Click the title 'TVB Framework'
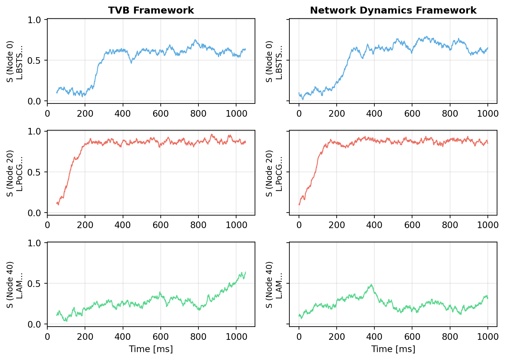coord(151,10)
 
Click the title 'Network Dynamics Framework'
coord(393,10)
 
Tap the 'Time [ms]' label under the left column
coord(151,349)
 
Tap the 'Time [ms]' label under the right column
coord(393,349)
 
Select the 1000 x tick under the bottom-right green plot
coord(487,337)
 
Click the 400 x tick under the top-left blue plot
coord(123,114)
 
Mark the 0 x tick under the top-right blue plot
coord(299,114)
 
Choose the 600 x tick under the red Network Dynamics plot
coord(412,225)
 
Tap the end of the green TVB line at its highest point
coord(245,272)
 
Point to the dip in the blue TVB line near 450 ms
coord(131,62)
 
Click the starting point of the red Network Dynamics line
coord(299,204)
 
